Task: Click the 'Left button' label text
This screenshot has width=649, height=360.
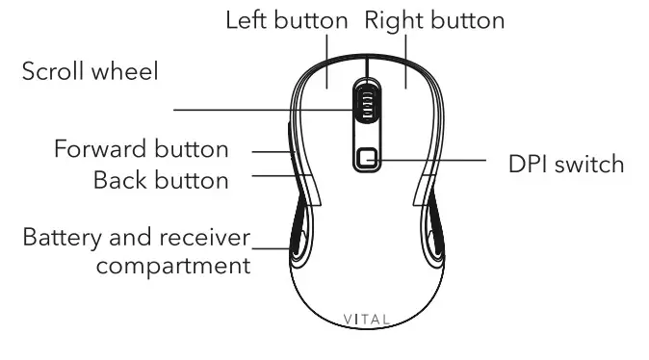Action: (x=287, y=20)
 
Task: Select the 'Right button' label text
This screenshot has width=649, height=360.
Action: (x=434, y=20)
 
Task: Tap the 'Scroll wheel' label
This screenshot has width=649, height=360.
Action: (x=91, y=72)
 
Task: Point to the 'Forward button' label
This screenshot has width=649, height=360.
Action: (x=142, y=150)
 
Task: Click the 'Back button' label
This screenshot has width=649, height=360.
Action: (x=161, y=180)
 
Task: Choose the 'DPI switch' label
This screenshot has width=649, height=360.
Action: (x=566, y=164)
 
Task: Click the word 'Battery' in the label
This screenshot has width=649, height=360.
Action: (x=58, y=237)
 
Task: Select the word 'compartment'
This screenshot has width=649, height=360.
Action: (x=173, y=265)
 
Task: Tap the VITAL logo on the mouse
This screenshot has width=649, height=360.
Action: (x=367, y=319)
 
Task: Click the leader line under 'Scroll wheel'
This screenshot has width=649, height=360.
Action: (x=260, y=107)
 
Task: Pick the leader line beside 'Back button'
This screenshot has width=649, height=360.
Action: (x=272, y=175)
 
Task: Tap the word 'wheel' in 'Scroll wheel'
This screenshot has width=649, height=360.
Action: (x=126, y=72)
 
